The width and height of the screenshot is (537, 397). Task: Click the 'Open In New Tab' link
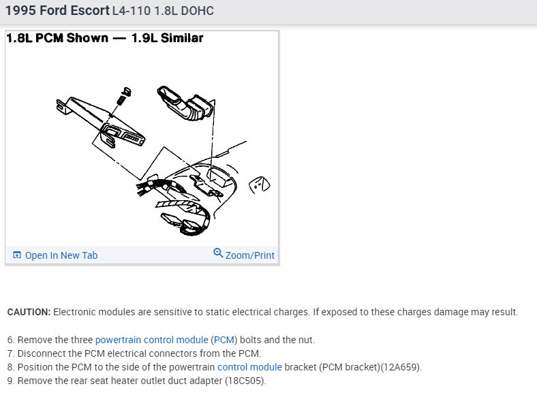[x=61, y=255]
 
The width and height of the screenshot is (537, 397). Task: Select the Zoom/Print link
[x=249, y=255]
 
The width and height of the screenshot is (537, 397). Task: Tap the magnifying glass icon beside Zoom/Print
[x=218, y=253]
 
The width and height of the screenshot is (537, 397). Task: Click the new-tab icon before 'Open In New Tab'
[x=17, y=255]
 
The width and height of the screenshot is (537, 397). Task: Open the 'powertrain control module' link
[x=152, y=340]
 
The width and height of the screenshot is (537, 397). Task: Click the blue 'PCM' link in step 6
[x=224, y=340]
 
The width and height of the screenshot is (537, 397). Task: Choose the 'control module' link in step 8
[x=249, y=367]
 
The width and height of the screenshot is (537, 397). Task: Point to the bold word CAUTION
[x=29, y=312]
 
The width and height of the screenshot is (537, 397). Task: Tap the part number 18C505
[x=244, y=381]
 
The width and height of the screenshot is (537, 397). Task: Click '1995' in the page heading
[x=20, y=11]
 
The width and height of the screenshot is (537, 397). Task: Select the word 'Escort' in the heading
[x=90, y=11]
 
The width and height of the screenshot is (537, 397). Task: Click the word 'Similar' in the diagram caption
[x=182, y=37]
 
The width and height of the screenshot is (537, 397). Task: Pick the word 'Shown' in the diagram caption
[x=87, y=37]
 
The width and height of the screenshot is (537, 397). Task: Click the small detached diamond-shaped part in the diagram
[x=259, y=185]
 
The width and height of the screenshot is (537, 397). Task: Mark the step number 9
[x=10, y=381]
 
